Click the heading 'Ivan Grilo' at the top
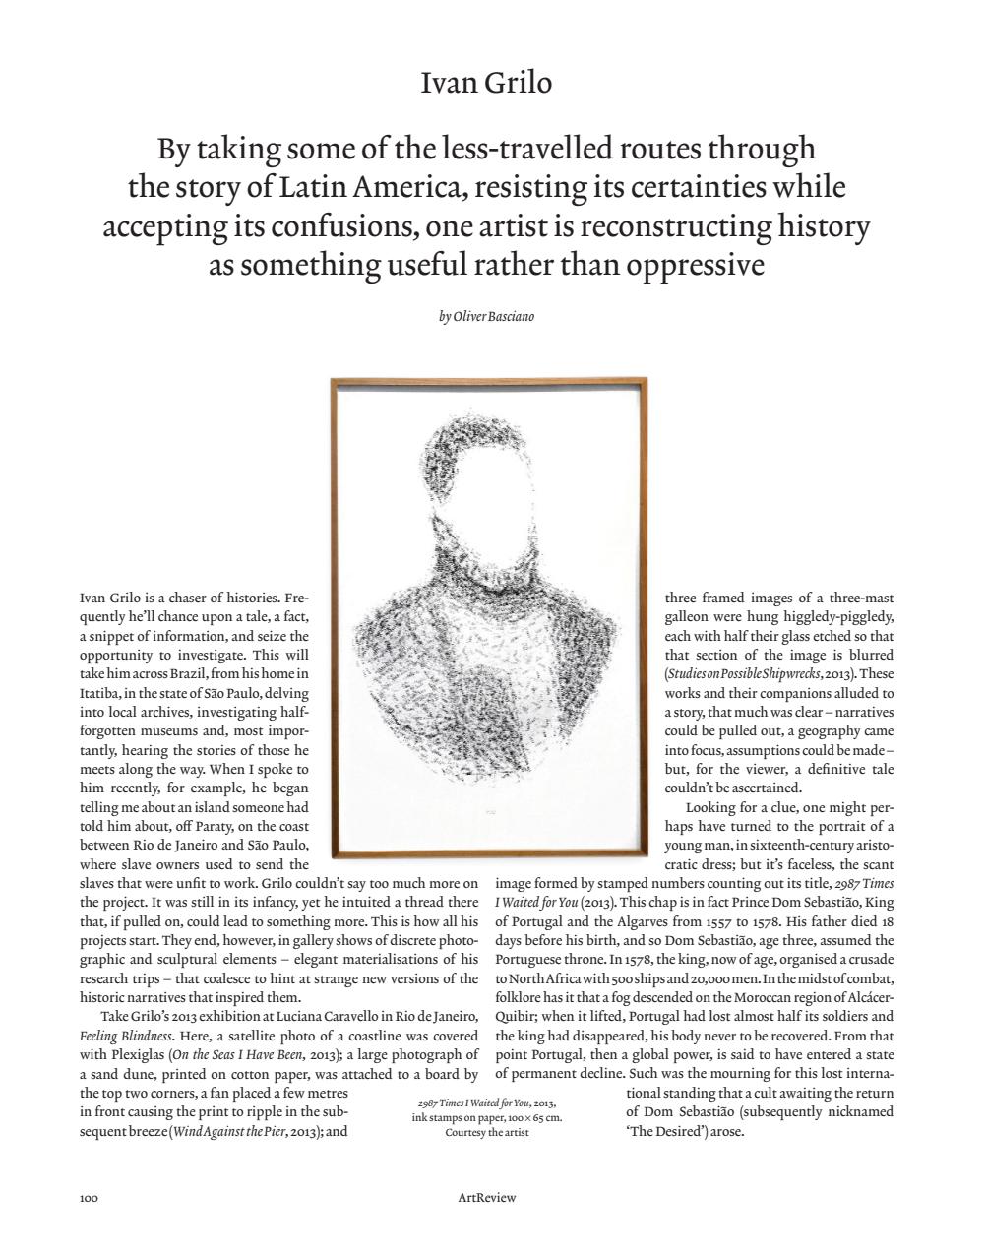[x=486, y=83]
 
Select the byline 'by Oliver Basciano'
[x=486, y=316]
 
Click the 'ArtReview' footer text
[x=486, y=1198]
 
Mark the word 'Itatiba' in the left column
[x=99, y=693]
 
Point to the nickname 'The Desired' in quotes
[x=665, y=1132]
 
